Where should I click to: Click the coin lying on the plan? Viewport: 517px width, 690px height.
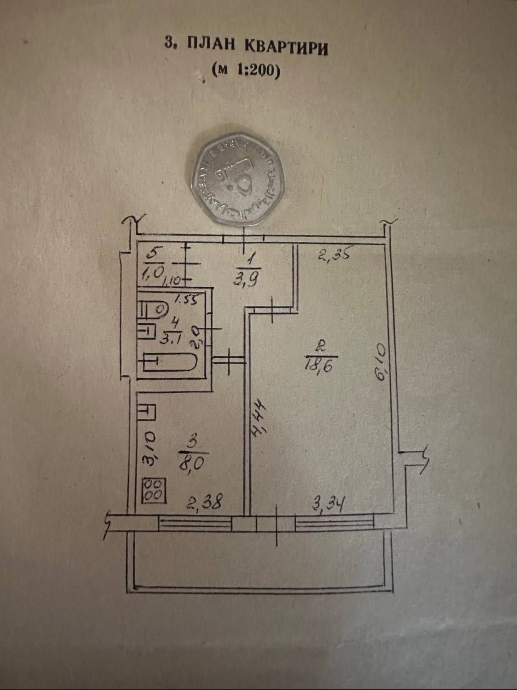(x=237, y=179)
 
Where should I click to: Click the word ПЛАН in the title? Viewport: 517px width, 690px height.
(x=211, y=44)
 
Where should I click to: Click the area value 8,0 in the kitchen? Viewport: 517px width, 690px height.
(x=192, y=462)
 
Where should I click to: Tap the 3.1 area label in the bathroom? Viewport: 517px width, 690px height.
(x=170, y=338)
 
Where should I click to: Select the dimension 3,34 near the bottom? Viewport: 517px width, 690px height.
(x=328, y=505)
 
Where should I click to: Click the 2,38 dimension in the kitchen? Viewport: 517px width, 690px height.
(x=205, y=501)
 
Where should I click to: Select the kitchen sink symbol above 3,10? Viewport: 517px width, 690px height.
(x=146, y=412)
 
